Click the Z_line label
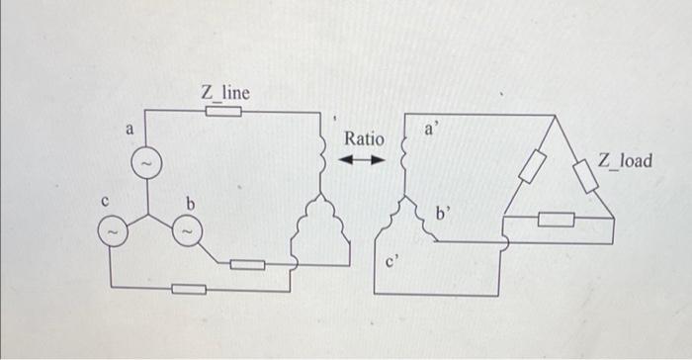[x=225, y=92]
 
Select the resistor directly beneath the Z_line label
[x=224, y=112]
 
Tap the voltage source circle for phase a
[x=145, y=160]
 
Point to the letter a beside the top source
[x=129, y=130]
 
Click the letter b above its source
[x=192, y=204]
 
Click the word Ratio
[x=364, y=140]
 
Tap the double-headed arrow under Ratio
[x=364, y=160]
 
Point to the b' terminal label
[x=446, y=211]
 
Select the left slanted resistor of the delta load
[x=532, y=167]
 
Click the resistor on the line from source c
[x=189, y=289]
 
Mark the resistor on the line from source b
[x=248, y=264]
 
